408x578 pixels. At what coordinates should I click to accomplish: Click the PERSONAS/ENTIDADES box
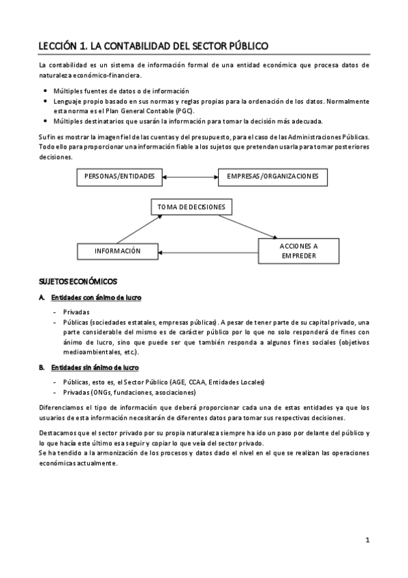coord(119,177)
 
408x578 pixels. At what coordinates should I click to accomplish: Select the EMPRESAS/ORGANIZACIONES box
coord(272,177)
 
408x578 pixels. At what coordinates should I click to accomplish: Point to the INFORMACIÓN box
coord(117,251)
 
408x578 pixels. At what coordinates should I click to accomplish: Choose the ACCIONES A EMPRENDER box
coord(298,250)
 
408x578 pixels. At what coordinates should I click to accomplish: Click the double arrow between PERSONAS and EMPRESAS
coord(190,177)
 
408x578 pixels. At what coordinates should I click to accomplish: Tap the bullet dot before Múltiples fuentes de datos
coord(45,91)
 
